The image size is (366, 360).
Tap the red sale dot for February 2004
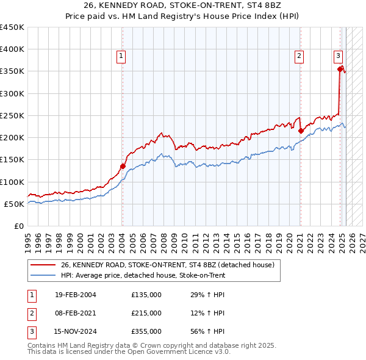click(x=123, y=166)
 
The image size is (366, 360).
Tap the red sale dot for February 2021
click(x=301, y=131)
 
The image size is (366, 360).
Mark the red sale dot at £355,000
click(x=340, y=69)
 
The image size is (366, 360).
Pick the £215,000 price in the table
click(x=146, y=314)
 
